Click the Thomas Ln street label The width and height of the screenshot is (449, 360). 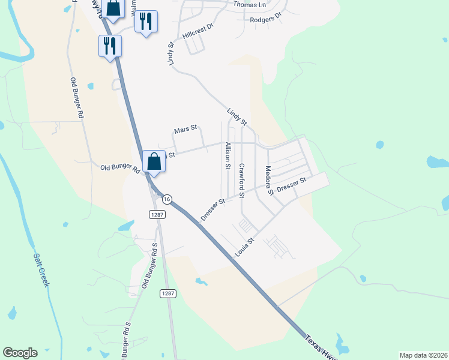(249, 4)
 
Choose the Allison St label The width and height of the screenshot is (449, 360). (228, 156)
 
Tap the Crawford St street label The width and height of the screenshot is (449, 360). (242, 181)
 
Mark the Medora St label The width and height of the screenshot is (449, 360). (270, 180)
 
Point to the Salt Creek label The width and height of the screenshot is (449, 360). (40, 269)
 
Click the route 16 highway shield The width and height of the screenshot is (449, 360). (167, 199)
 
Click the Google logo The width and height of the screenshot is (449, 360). (20, 353)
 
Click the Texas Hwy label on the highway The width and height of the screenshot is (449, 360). (321, 347)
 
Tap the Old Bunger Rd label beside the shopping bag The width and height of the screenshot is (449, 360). (120, 169)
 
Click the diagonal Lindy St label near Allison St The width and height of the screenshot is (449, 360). (237, 116)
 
